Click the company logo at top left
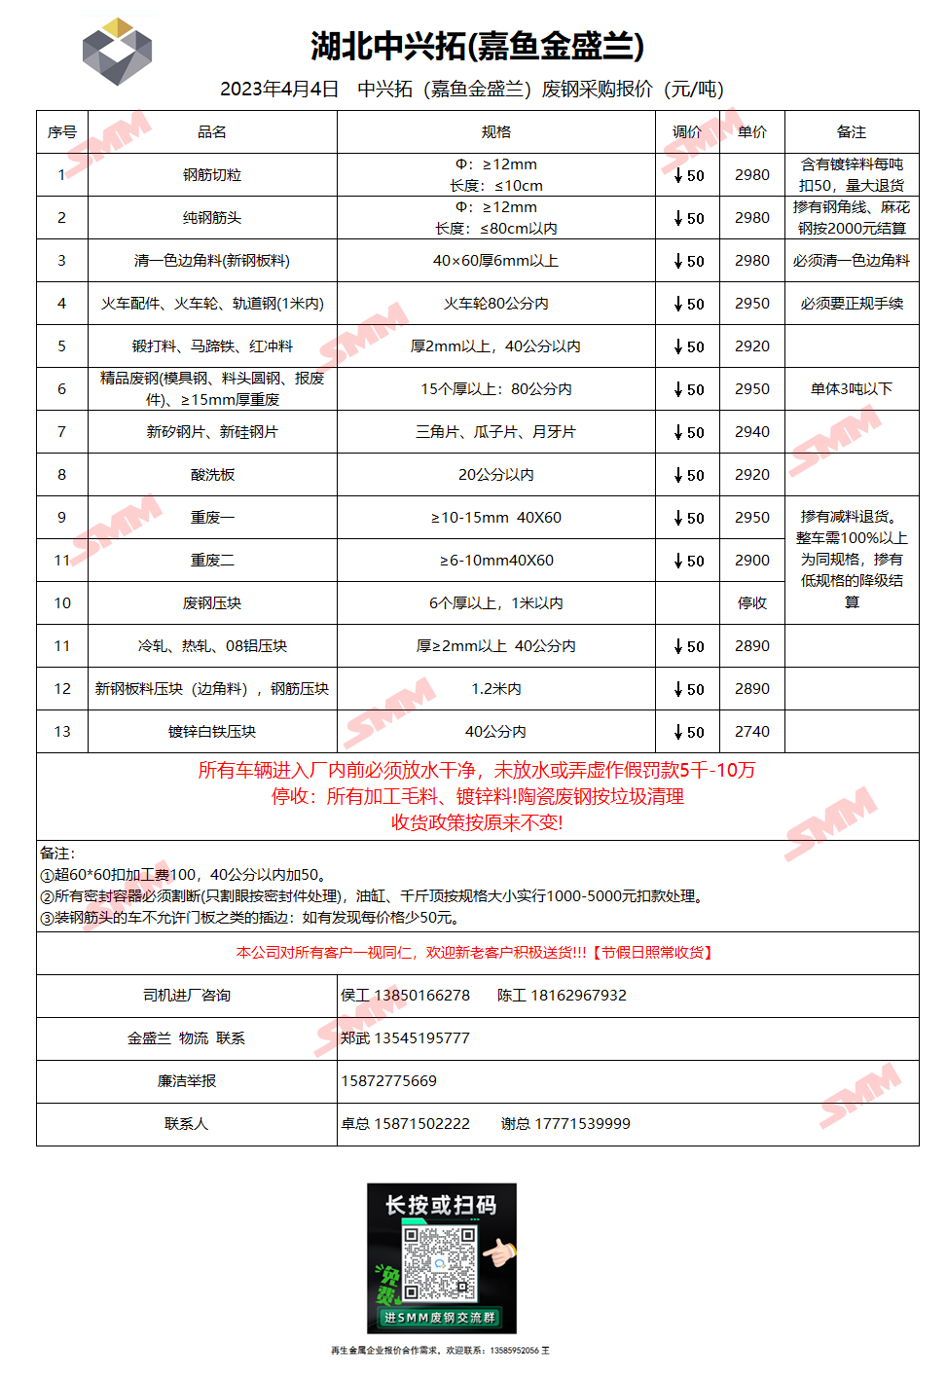117,52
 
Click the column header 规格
496,132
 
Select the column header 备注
852,132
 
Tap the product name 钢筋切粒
212,175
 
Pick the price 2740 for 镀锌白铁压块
752,732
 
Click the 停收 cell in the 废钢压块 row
752,603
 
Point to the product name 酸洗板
212,475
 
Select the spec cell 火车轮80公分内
496,304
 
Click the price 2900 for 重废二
752,561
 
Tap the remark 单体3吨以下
852,389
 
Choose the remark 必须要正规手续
852,304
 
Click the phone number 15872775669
388,1081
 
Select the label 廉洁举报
187,1081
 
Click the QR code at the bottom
440,1263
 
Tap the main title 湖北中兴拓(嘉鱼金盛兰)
477,46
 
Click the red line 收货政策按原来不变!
477,822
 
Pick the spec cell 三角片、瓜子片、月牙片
496,432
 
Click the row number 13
62,732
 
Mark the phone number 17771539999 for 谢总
582,1124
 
